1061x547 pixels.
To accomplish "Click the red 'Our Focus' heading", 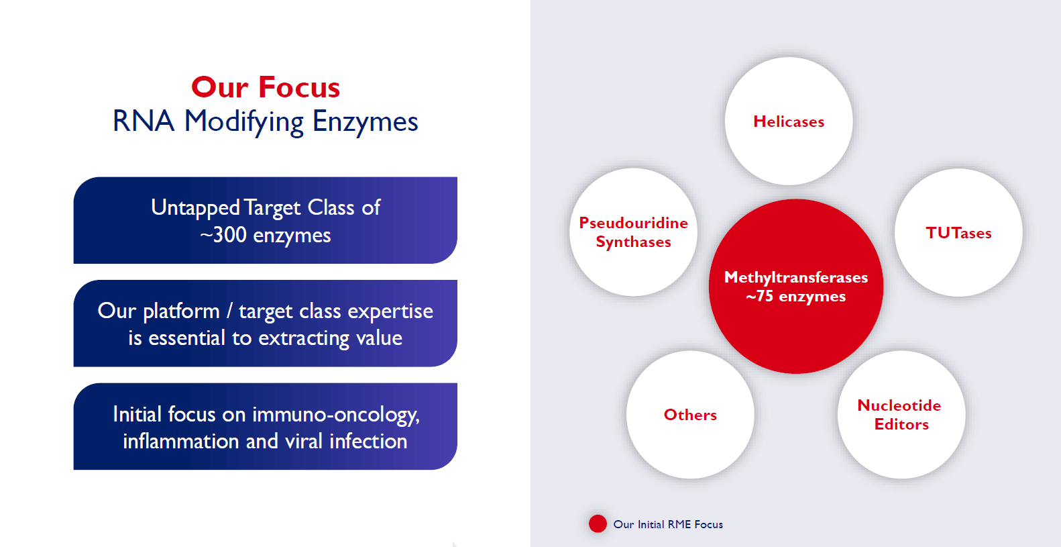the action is coord(266,87).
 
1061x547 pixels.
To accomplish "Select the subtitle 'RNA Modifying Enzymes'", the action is coord(266,122).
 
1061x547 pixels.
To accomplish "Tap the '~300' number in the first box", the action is coord(223,235).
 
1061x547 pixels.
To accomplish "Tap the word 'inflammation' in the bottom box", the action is coord(181,442).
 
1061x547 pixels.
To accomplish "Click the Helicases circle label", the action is coord(789,122).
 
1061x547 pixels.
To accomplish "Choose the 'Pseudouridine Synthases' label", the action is coord(633,233).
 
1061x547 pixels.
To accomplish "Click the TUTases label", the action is coord(958,233).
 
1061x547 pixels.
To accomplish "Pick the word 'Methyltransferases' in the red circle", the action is coord(795,277).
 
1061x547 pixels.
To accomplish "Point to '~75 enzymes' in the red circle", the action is coord(795,296).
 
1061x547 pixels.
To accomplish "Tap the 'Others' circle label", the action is coord(690,415).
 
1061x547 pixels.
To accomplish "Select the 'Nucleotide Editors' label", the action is coord(899,415).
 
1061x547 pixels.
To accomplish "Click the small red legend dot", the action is coord(598,524).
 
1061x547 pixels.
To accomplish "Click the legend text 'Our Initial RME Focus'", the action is coord(668,524).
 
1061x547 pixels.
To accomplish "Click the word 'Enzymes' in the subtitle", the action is coord(366,122).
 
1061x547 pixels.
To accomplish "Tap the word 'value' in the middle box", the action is coord(379,338).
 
